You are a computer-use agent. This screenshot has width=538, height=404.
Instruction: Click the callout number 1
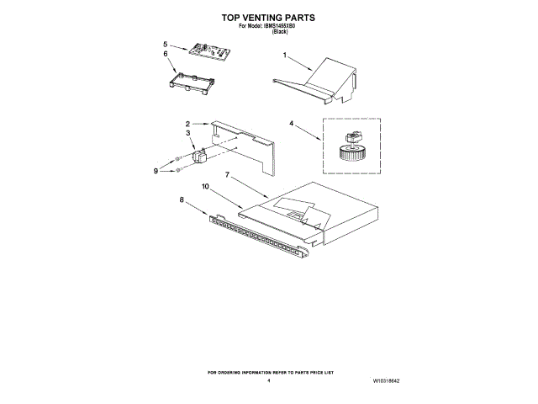[x=285, y=56]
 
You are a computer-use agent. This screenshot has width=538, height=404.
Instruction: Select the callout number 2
[x=188, y=123]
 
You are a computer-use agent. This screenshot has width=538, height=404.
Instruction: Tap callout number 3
[x=188, y=133]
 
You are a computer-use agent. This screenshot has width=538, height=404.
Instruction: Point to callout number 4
[x=293, y=124]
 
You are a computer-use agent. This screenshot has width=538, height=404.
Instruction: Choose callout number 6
[x=166, y=54]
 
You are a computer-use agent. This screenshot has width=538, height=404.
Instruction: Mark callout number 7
[x=226, y=175]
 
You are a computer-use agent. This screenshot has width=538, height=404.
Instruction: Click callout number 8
[x=182, y=200]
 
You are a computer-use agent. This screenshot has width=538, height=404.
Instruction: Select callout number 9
[x=156, y=171]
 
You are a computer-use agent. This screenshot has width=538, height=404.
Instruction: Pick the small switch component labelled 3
[x=200, y=155]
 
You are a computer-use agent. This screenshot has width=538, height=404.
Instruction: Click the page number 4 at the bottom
[x=269, y=380]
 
